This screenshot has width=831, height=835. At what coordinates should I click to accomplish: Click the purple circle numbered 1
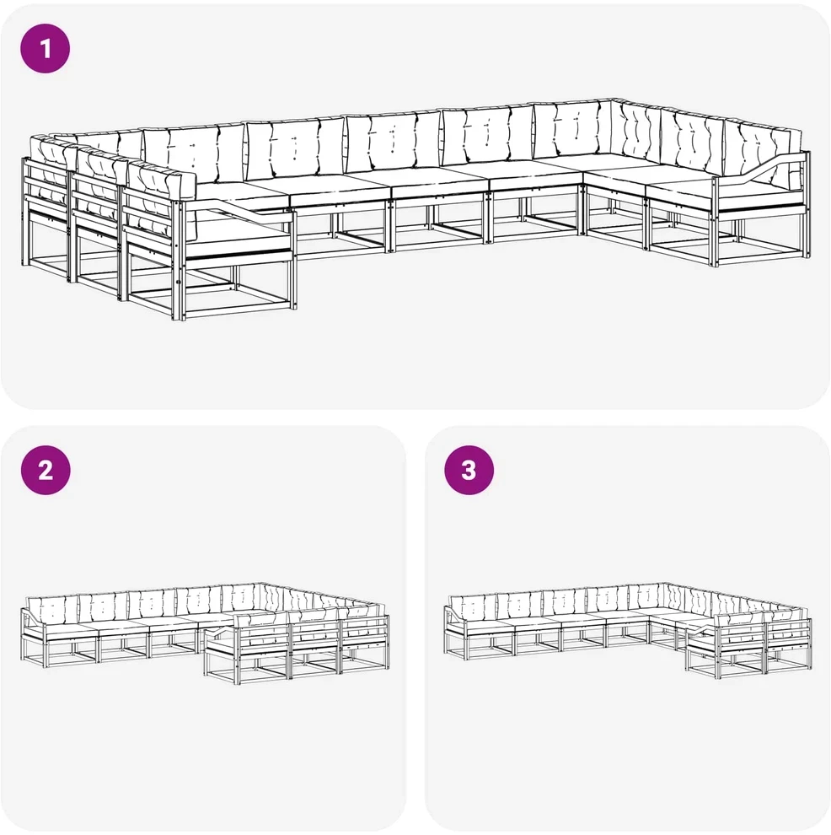click(x=46, y=48)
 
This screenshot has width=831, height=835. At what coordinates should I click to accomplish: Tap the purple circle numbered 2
click(x=46, y=470)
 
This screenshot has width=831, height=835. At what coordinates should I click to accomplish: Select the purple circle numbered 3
click(x=469, y=470)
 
